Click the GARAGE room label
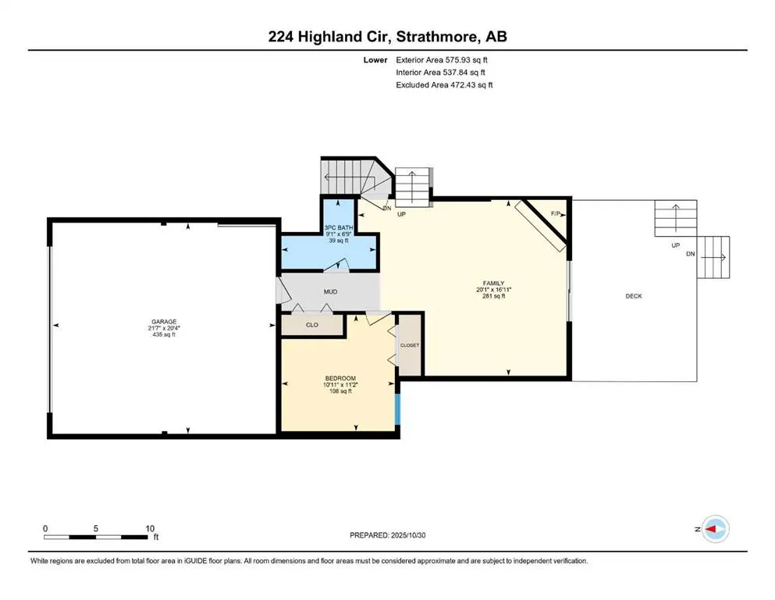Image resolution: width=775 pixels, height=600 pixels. point(164,321)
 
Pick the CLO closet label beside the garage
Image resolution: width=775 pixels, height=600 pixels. point(311,324)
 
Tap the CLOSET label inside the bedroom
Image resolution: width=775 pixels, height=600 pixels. point(410,345)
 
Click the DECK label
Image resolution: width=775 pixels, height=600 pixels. point(634,296)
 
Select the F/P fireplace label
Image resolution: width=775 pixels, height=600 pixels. point(556,213)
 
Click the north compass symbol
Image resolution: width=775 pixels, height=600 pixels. point(715,530)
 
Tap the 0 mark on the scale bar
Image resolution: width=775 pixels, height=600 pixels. point(45,528)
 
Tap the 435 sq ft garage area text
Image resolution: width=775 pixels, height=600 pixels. point(164,334)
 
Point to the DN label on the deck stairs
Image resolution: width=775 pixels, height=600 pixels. point(690,254)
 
